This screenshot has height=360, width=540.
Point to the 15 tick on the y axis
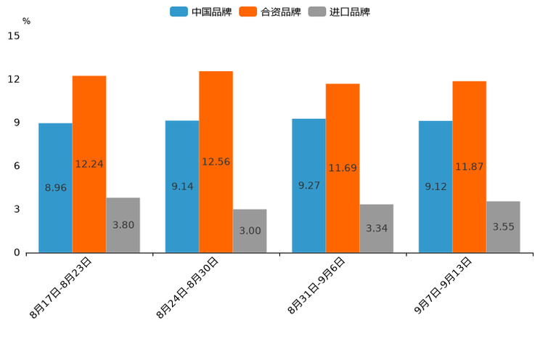(x=14, y=36)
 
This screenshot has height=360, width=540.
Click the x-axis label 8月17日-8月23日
(x=61, y=287)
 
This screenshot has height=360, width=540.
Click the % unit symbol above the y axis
(x=26, y=21)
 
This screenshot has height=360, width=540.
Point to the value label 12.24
(x=89, y=164)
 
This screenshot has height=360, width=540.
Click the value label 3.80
(x=123, y=225)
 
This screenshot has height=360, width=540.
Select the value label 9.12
(x=435, y=187)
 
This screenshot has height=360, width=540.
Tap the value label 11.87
(x=470, y=167)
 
